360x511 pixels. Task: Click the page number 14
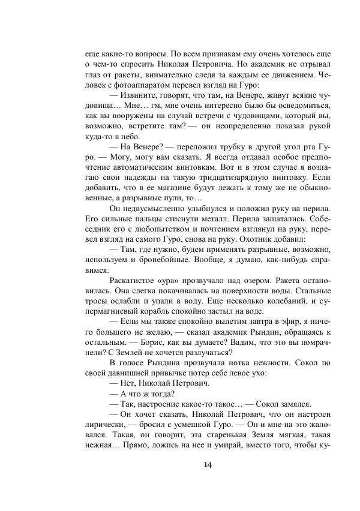[x=208, y=464]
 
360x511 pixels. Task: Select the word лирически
[x=106, y=428]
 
